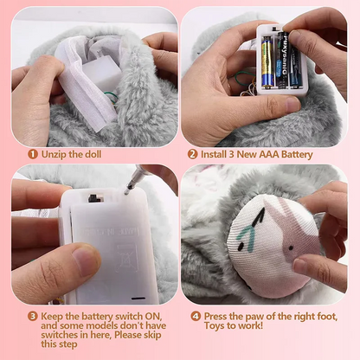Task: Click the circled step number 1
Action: point(32,154)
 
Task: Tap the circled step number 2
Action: point(192,154)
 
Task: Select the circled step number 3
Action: point(32,317)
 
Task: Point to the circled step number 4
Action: point(196,317)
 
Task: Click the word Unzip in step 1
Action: point(54,154)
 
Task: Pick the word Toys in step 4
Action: point(215,327)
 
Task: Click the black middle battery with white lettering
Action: point(282,61)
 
